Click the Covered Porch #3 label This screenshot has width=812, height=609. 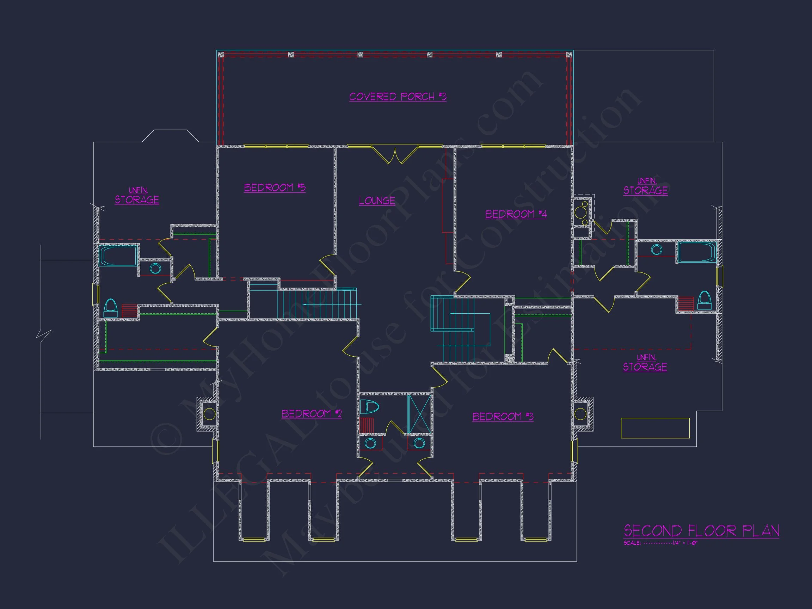[398, 97]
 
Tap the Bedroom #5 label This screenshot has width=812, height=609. [275, 187]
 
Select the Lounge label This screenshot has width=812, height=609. [377, 201]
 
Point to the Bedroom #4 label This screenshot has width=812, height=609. [516, 214]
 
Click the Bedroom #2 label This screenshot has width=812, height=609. [312, 414]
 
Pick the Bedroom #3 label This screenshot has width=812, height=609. [503, 416]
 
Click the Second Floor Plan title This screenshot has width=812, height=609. [701, 531]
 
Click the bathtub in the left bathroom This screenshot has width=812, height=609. [118, 256]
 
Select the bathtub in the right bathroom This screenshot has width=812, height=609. [697, 252]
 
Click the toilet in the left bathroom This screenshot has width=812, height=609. [111, 308]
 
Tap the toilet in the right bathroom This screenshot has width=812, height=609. [704, 300]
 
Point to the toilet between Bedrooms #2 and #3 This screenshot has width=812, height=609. [369, 407]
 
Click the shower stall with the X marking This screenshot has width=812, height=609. [419, 414]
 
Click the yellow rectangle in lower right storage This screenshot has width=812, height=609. [655, 428]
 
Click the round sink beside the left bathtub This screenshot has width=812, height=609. [155, 268]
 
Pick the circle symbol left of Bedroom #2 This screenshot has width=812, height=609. [209, 414]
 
